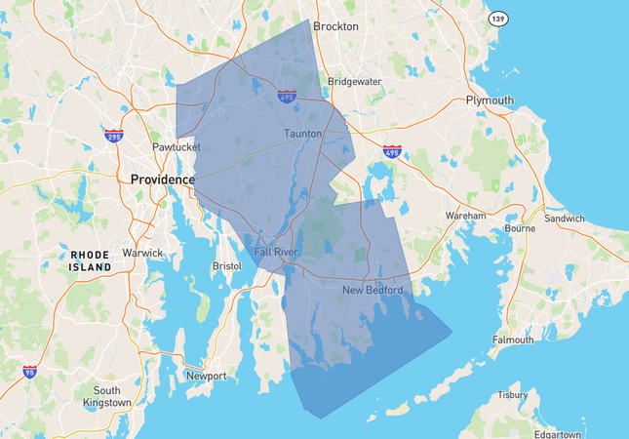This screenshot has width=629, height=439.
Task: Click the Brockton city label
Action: point(336,26)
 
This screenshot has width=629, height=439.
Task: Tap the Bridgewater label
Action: point(354,82)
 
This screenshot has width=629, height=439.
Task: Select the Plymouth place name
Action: point(490,100)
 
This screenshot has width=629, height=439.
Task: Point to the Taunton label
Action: point(302,133)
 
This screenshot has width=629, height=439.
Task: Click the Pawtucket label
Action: point(176,147)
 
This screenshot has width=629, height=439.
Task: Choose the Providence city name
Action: point(163,180)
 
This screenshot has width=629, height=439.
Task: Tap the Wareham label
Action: point(465,215)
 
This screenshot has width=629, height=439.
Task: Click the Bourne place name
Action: point(520,229)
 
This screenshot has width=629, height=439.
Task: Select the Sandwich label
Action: point(565,219)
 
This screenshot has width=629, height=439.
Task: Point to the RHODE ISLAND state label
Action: point(91,260)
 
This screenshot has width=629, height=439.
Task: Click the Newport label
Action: point(206,376)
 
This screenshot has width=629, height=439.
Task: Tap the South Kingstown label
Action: point(106,396)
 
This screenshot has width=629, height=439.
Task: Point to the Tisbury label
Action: point(512,395)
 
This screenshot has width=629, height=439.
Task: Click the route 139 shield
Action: point(498,19)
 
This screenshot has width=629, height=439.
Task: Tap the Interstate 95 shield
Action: point(31,371)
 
